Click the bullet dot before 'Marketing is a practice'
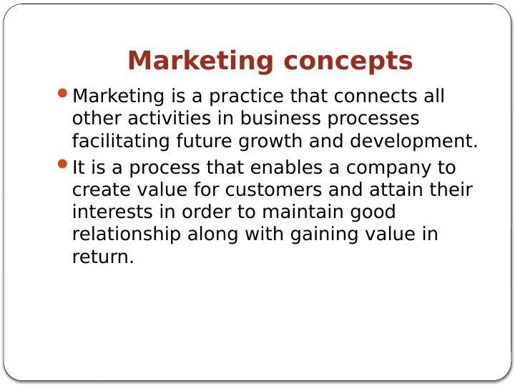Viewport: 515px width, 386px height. coord(63,94)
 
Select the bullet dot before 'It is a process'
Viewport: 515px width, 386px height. coord(63,165)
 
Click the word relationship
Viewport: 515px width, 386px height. coord(127,234)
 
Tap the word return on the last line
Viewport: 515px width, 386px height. coord(102,257)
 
